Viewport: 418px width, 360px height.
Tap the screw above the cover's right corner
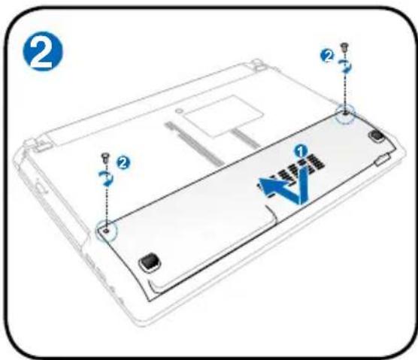click(345, 47)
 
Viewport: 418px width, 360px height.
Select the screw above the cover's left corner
click(106, 157)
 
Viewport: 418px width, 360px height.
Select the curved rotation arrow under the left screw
click(107, 177)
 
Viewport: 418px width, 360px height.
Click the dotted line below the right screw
click(344, 90)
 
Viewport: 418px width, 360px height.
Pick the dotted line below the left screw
click(106, 203)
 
